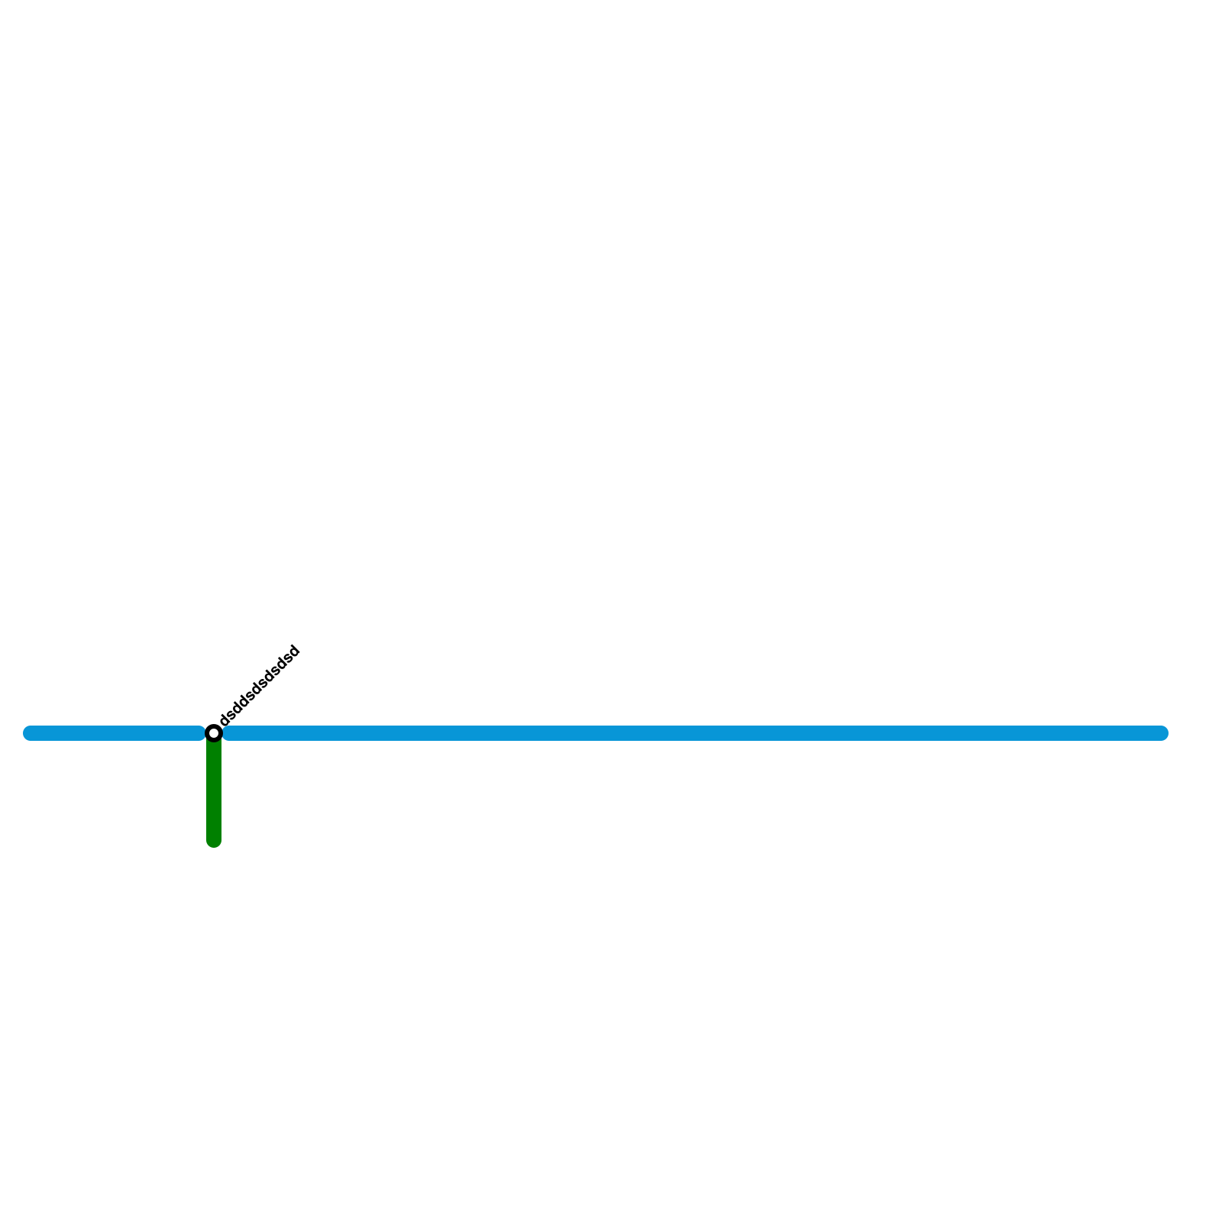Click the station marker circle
tap(214, 733)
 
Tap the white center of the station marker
tap(214, 733)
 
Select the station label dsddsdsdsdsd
tap(260, 687)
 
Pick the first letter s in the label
tap(231, 714)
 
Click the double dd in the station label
tap(240, 705)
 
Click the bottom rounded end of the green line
tap(214, 841)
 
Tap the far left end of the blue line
tap(30, 733)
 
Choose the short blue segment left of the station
tap(115, 733)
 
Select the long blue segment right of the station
tap(687, 733)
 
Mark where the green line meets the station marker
tap(214, 742)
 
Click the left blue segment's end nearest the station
tap(200, 733)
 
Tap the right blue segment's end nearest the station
tap(228, 733)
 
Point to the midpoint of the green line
tap(214, 791)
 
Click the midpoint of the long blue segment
tap(695, 733)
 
